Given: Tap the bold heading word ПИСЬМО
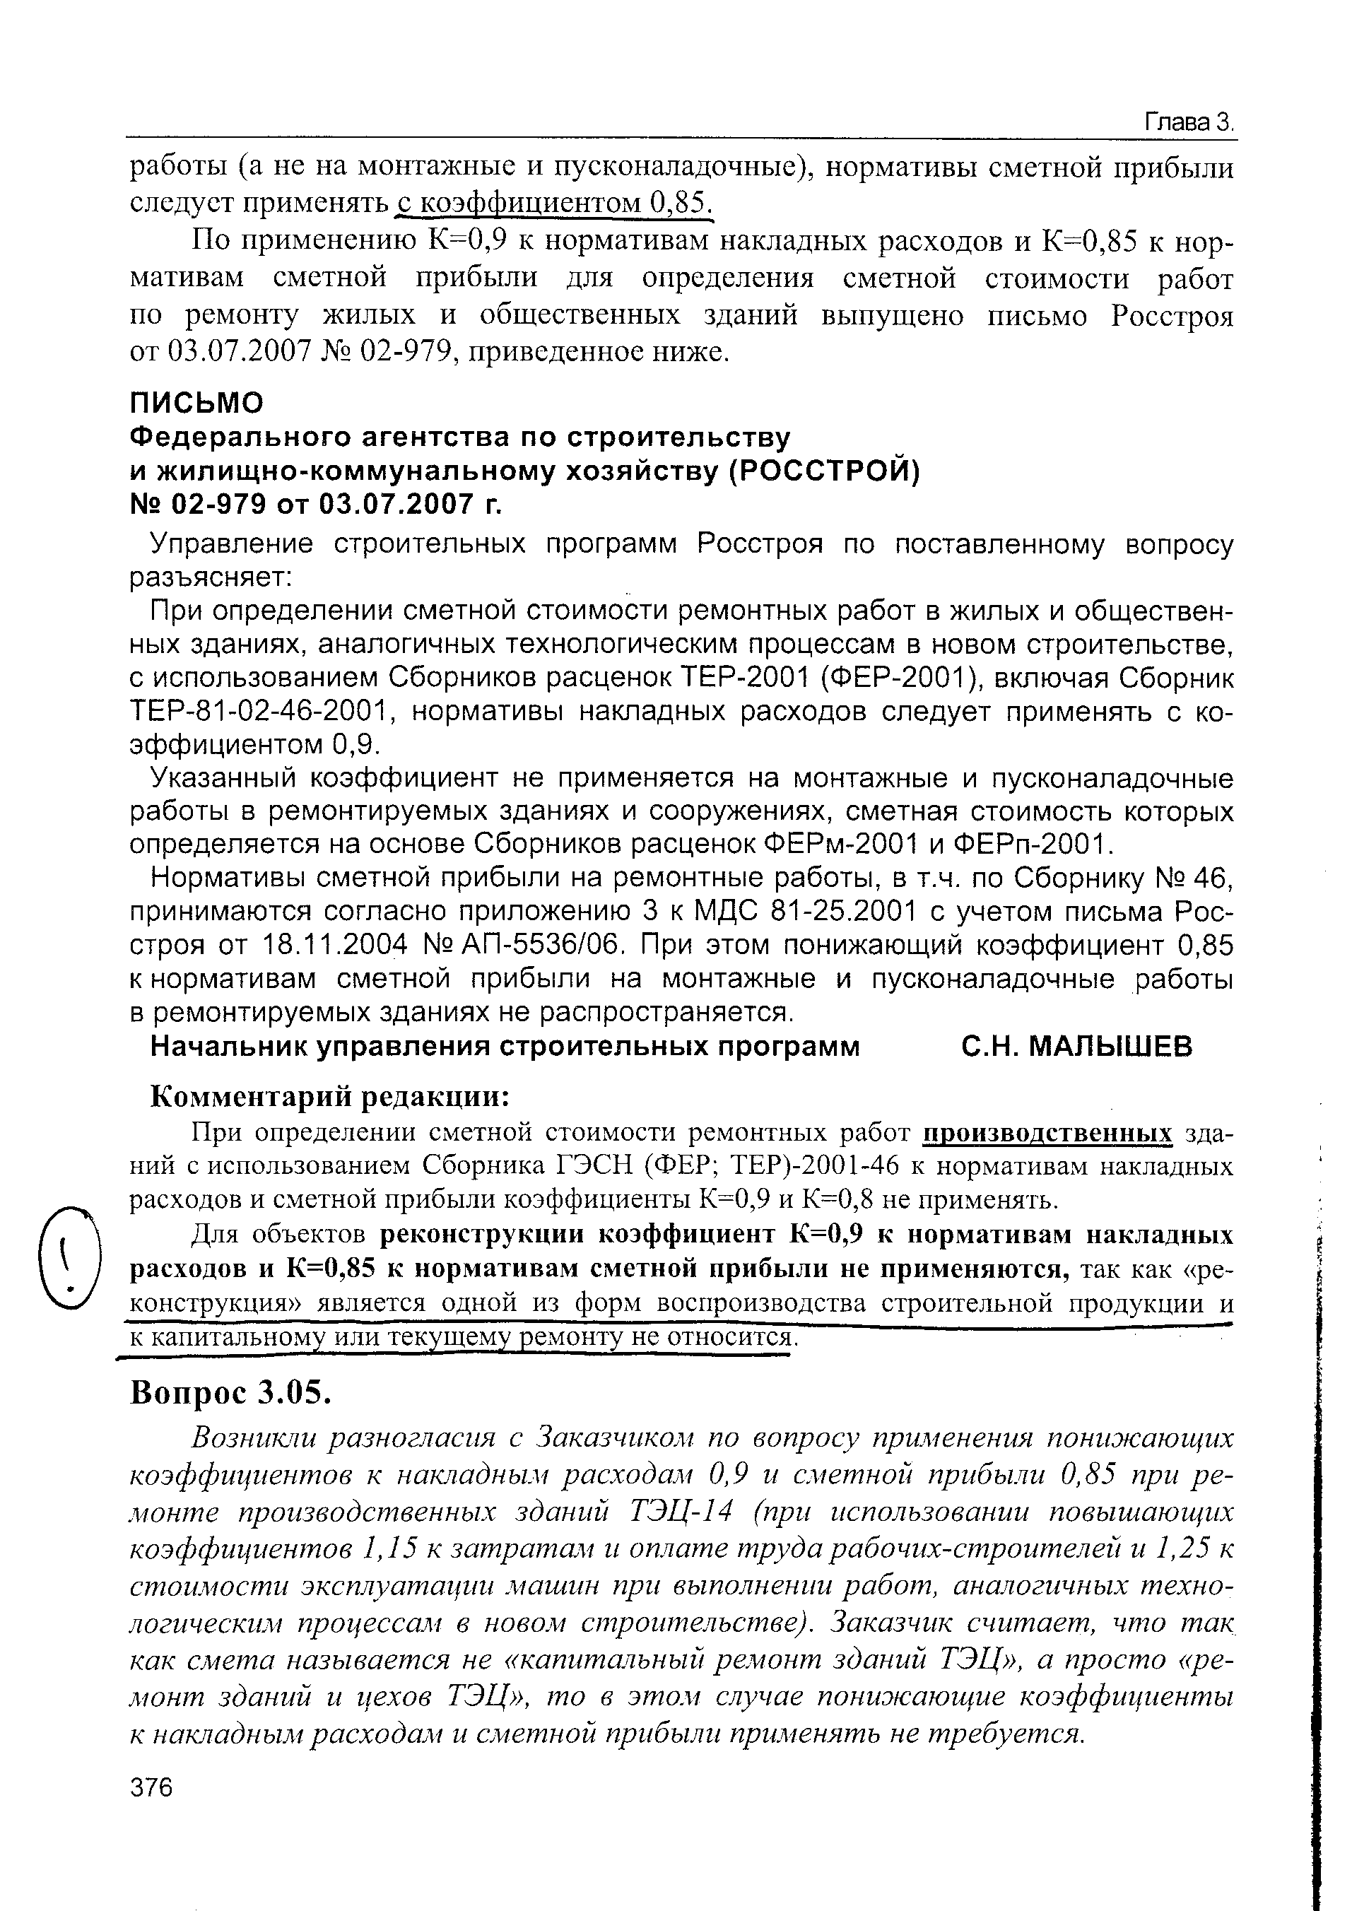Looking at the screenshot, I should click(x=197, y=403).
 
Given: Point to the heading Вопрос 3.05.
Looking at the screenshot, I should click(x=230, y=1392).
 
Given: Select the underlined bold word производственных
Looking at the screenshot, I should click(x=1048, y=1133).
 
